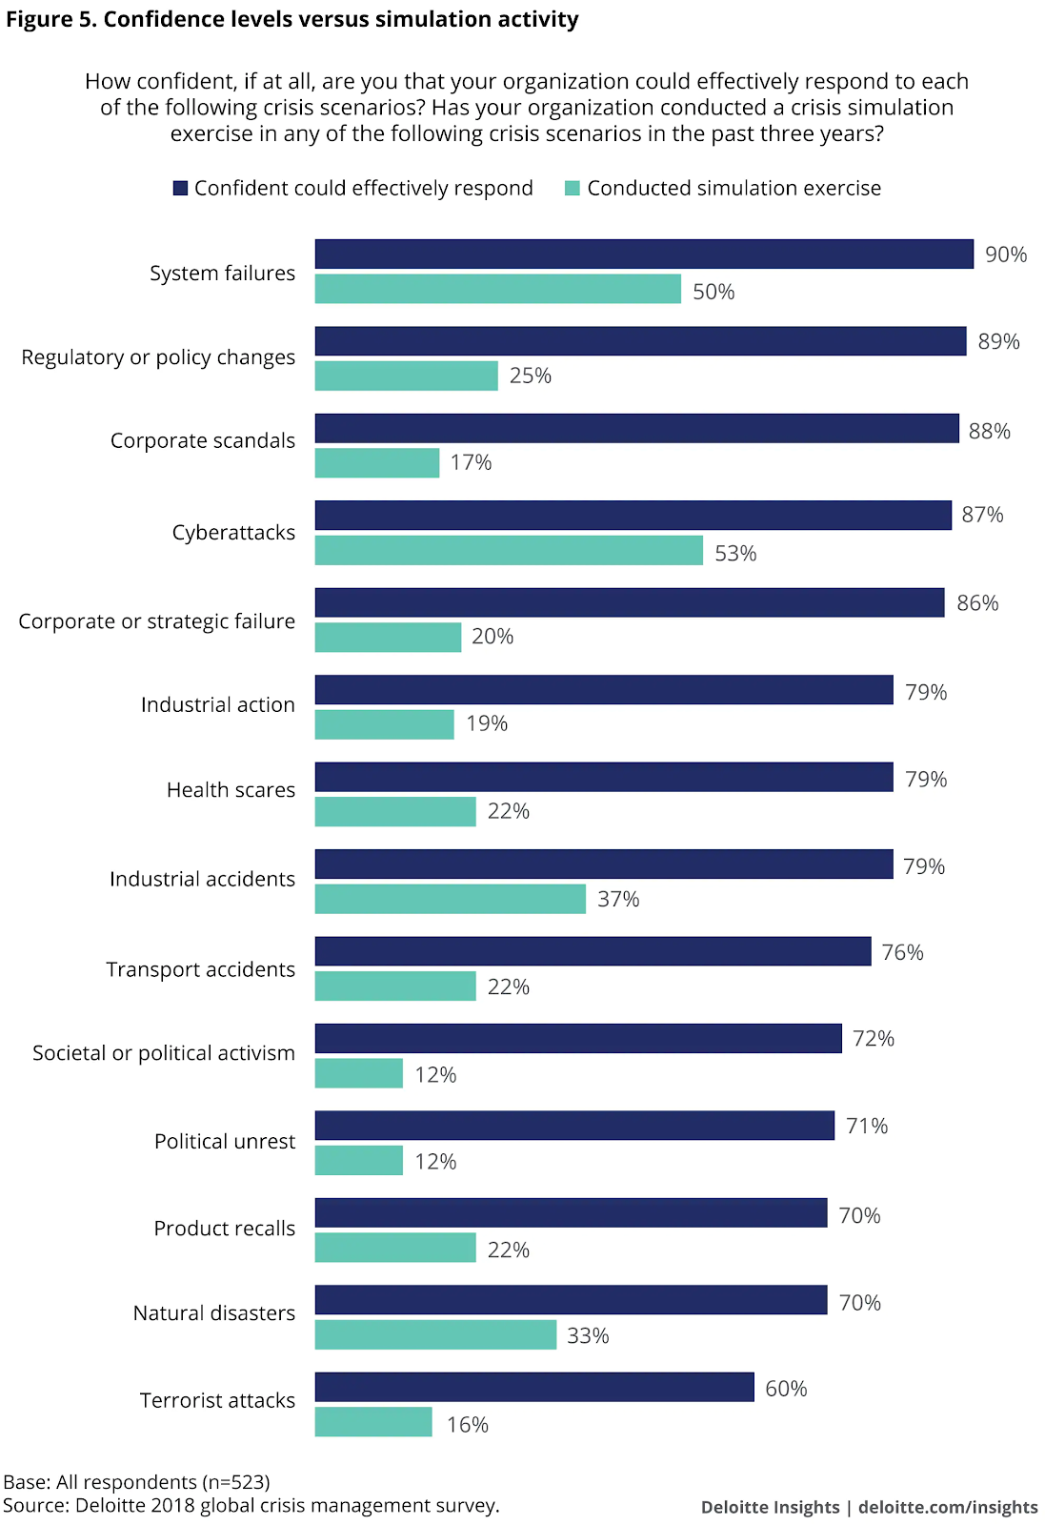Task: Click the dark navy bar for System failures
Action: coord(644,254)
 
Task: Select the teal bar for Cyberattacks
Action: coord(509,551)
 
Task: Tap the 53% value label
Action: coord(735,554)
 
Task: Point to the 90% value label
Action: coord(1006,254)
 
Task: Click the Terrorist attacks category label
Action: coord(217,1400)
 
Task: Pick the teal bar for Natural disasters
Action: coord(435,1335)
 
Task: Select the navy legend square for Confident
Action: coord(180,189)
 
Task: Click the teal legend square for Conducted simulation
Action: coord(573,189)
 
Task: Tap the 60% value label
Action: coord(786,1389)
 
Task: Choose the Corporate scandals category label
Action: coord(203,440)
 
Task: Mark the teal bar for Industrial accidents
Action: coord(450,899)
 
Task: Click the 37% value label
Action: coord(618,899)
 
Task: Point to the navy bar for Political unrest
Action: coord(574,1126)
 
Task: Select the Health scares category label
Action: coord(231,790)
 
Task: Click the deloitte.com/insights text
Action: coord(948,1507)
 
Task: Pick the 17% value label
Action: coord(471,462)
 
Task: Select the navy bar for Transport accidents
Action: coord(593,951)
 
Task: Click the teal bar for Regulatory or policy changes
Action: coord(406,376)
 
